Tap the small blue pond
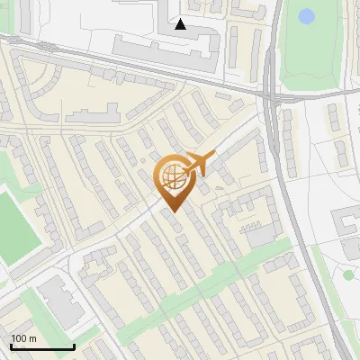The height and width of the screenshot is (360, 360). click(x=307, y=16)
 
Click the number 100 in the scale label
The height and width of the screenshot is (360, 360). click(x=20, y=338)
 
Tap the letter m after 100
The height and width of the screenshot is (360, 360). click(x=32, y=338)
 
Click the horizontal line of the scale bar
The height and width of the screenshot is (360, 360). click(x=42, y=347)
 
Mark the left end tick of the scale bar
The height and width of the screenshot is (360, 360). click(x=11, y=346)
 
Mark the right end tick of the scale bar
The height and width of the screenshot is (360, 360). click(x=74, y=346)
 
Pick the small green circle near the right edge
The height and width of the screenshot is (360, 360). click(x=349, y=274)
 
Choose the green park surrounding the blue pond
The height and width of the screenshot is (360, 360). click(x=315, y=49)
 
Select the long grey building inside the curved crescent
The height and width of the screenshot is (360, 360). click(x=92, y=114)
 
